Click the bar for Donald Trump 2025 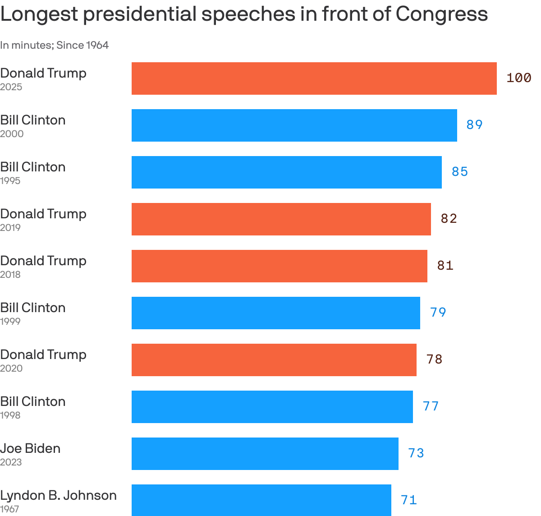pyautogui.click(x=314, y=78)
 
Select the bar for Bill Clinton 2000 pyautogui.click(x=294, y=125)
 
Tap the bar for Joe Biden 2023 pyautogui.click(x=265, y=454)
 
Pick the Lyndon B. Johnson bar pyautogui.click(x=261, y=500)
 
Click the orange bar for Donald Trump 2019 pyautogui.click(x=281, y=219)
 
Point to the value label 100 pyautogui.click(x=518, y=78)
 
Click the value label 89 pyautogui.click(x=474, y=125)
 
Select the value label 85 pyautogui.click(x=460, y=172)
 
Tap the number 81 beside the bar pyautogui.click(x=445, y=266)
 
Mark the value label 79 pyautogui.click(x=438, y=313)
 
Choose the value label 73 pyautogui.click(x=416, y=453)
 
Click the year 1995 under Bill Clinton pyautogui.click(x=10, y=181)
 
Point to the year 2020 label pyautogui.click(x=11, y=369)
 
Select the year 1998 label pyautogui.click(x=10, y=415)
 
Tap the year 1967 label pyautogui.click(x=10, y=509)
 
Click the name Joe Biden pyautogui.click(x=30, y=448)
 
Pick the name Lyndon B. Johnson pyautogui.click(x=58, y=495)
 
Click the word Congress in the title pyautogui.click(x=442, y=14)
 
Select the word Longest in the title pyautogui.click(x=39, y=14)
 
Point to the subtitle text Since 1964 pyautogui.click(x=83, y=45)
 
